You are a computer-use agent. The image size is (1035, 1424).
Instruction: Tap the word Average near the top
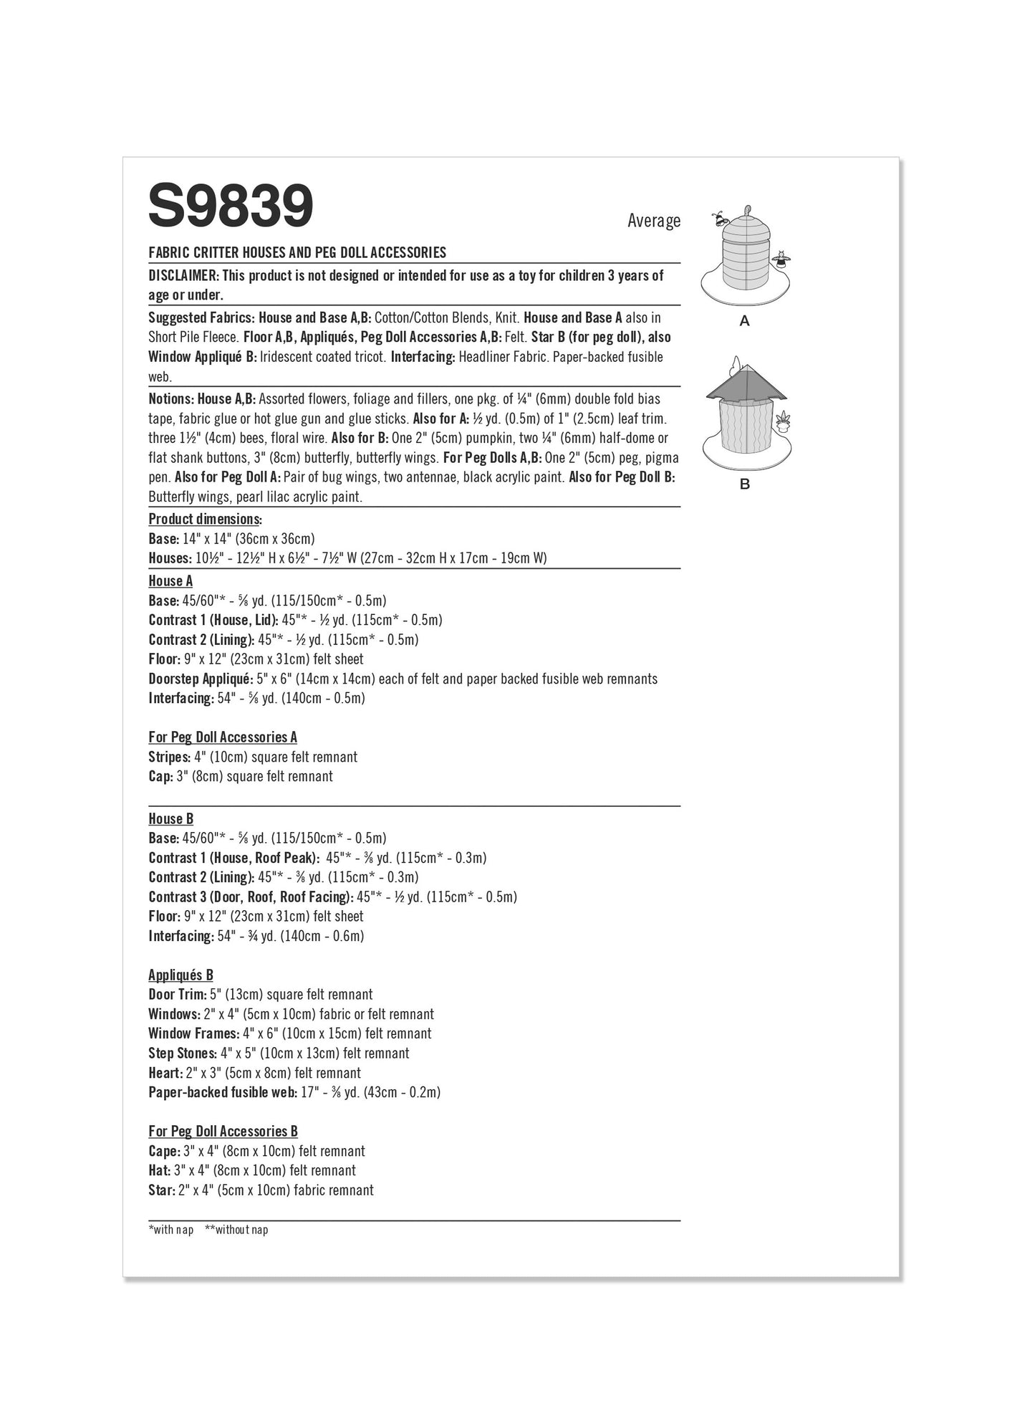coord(653,221)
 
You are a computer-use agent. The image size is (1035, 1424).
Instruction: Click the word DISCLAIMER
coord(183,276)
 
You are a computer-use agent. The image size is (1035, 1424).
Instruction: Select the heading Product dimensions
coord(204,519)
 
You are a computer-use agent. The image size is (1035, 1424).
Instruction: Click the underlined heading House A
coord(170,581)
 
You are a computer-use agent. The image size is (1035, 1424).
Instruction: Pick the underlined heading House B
coord(170,818)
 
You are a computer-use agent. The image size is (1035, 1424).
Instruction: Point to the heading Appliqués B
coord(180,975)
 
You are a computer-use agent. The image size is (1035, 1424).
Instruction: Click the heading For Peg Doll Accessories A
coord(223,737)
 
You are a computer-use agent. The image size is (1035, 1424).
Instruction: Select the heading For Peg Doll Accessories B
coord(223,1132)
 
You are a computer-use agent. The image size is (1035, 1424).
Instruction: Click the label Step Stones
coord(182,1053)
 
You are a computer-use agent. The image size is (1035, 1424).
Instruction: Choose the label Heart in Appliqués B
coord(165,1073)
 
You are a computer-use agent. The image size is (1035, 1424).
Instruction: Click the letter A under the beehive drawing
coord(744,321)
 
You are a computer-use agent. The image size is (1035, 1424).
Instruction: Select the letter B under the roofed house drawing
coord(744,484)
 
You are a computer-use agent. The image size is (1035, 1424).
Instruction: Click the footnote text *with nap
coord(171,1230)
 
